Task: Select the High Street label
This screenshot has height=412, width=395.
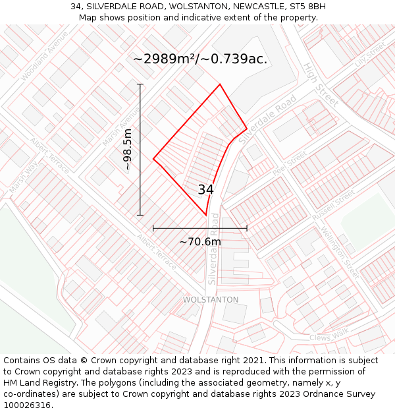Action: [x=321, y=84]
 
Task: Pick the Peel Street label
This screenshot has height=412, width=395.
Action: [x=290, y=163]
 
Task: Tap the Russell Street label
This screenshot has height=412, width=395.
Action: [x=334, y=206]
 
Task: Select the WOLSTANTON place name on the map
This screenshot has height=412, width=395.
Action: [x=211, y=300]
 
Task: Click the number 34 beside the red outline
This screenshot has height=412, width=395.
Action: [x=205, y=190]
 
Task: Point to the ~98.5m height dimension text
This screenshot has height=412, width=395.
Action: [x=128, y=150]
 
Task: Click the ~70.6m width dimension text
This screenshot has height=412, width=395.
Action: [x=200, y=242]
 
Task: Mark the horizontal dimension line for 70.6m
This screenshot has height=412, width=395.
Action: [x=200, y=229]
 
